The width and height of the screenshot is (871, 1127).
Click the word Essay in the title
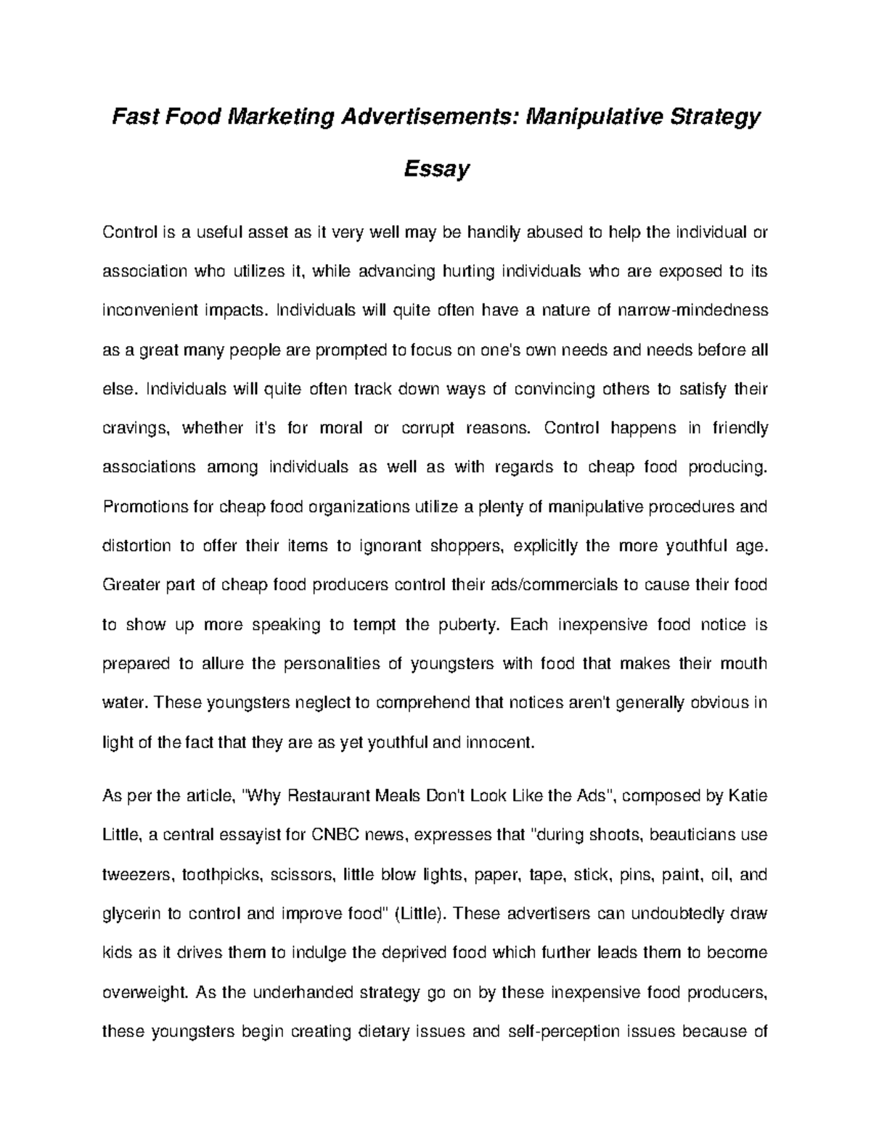[x=436, y=169]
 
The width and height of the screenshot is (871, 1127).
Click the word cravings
[x=136, y=428]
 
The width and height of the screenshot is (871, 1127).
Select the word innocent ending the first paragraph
[x=499, y=742]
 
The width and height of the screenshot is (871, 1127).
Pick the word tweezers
[x=137, y=874]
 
